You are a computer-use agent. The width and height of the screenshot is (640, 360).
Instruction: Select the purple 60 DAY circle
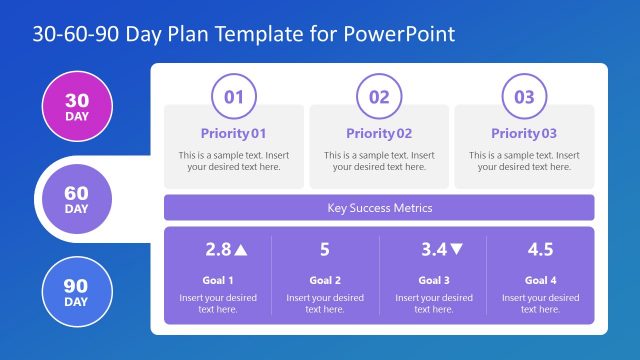(x=76, y=199)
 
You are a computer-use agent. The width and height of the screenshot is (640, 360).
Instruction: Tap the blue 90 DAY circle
(x=76, y=292)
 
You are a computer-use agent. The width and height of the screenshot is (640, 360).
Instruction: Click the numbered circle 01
(x=233, y=97)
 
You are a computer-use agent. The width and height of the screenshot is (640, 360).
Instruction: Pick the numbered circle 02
(x=379, y=97)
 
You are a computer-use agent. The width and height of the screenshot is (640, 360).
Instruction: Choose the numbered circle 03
(x=524, y=97)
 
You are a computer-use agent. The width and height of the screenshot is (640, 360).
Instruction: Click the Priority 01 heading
(x=234, y=133)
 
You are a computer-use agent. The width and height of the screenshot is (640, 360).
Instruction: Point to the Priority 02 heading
(x=379, y=133)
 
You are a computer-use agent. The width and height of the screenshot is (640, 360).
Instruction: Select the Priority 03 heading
(x=524, y=133)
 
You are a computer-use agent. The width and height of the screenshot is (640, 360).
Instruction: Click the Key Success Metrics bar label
(x=379, y=208)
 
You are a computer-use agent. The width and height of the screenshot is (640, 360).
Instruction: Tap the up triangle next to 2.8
(x=241, y=250)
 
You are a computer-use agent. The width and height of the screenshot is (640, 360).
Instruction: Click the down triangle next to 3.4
(x=457, y=250)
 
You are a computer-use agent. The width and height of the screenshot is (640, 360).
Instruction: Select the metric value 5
(x=325, y=250)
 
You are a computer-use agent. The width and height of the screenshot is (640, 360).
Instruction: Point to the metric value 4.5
(x=540, y=250)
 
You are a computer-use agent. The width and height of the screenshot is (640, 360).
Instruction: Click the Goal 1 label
(x=218, y=280)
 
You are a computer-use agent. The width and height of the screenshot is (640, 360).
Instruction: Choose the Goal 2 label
(x=325, y=280)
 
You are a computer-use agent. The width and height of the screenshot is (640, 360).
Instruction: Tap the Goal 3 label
(x=433, y=280)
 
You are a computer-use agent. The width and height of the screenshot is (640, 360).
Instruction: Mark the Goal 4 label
(x=540, y=280)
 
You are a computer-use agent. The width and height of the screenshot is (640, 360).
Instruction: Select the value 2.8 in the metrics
(x=217, y=250)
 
